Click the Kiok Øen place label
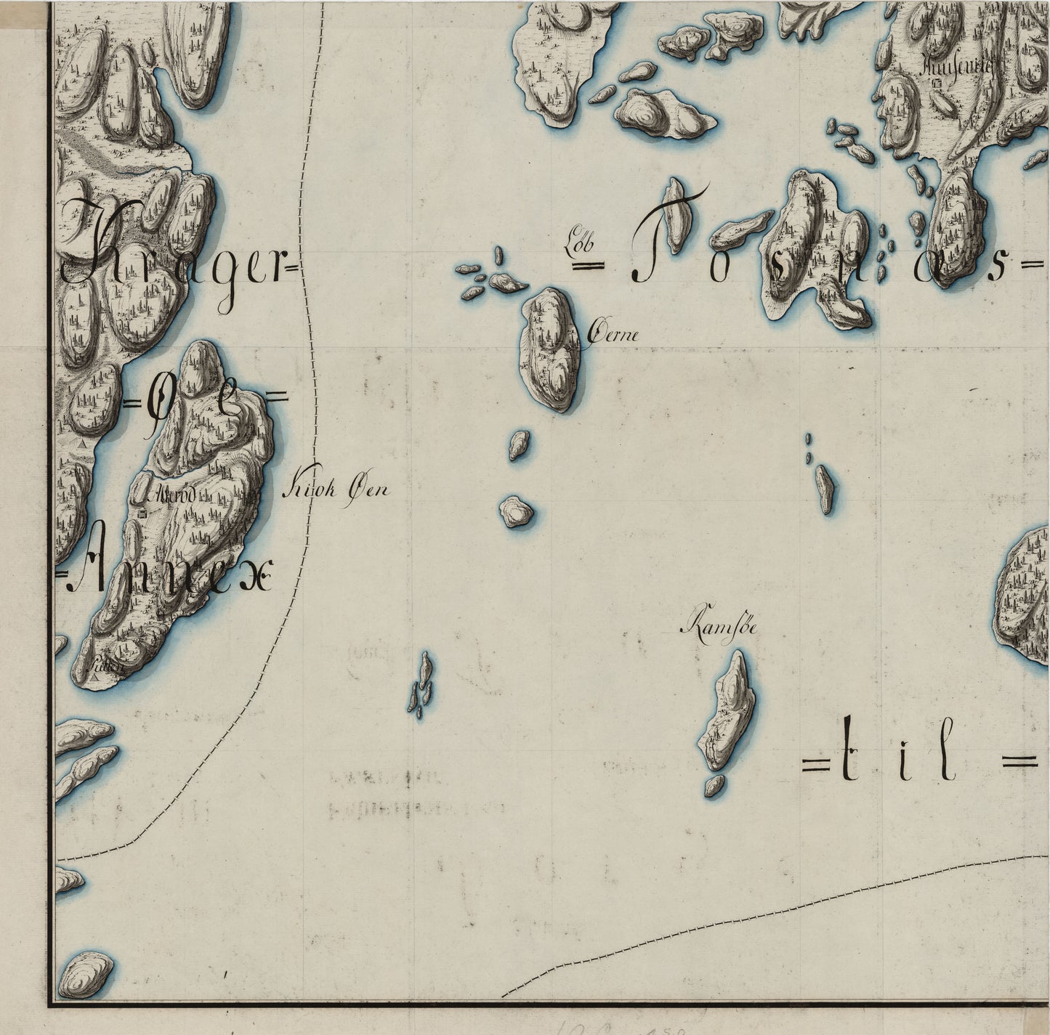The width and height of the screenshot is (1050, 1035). click(334, 490)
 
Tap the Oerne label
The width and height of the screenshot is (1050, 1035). click(613, 335)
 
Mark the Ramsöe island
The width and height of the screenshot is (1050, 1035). click(729, 712)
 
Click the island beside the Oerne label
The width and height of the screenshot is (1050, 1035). click(549, 349)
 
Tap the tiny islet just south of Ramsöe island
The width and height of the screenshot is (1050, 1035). click(714, 785)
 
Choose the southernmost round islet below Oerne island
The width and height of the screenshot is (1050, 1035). click(516, 511)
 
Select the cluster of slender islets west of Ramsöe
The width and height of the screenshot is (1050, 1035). click(421, 685)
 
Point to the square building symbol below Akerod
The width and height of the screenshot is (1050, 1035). click(143, 514)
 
